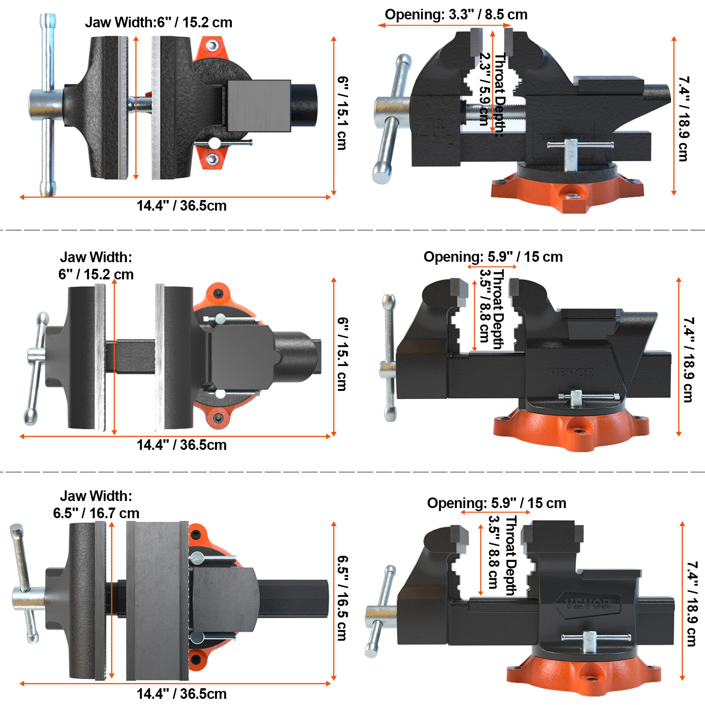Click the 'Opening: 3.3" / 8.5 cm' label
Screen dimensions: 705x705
coord(456,15)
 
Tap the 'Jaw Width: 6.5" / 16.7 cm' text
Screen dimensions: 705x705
coord(96,505)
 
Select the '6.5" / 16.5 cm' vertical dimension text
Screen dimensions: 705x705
coord(342,598)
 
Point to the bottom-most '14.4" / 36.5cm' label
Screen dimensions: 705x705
coord(182,694)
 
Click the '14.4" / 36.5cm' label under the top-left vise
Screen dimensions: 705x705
coord(182,206)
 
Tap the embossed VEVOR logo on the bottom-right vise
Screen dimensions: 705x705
coord(588,603)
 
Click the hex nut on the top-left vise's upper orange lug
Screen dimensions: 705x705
coord(213,45)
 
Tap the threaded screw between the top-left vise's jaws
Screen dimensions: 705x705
coord(142,104)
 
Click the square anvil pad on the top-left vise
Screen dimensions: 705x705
coord(259,106)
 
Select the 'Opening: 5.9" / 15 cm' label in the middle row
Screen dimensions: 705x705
coord(493,257)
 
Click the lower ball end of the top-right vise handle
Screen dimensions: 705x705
coord(381,175)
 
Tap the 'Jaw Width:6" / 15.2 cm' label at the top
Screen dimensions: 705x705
coord(159,22)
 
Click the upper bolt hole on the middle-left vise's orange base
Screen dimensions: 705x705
coord(218,293)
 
